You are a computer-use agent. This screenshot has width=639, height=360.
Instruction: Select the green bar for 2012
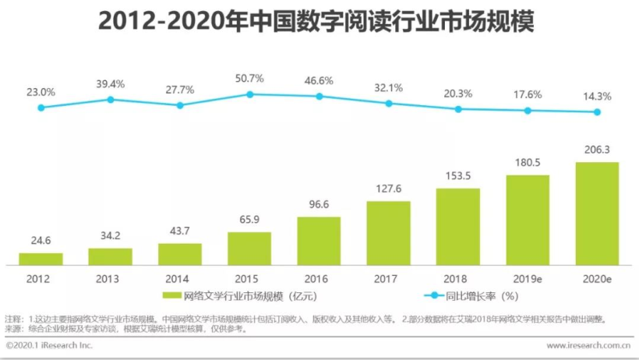tap(41, 259)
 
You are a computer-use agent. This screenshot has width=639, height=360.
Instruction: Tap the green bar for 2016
tap(319, 242)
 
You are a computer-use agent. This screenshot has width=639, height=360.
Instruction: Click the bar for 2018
tap(457, 227)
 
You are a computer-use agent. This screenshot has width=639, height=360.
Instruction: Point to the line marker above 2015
tap(249, 94)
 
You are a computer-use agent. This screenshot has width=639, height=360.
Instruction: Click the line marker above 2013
tap(111, 100)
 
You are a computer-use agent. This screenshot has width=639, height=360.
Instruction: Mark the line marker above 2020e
tap(597, 111)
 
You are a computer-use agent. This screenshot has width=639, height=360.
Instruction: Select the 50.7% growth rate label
tap(249, 78)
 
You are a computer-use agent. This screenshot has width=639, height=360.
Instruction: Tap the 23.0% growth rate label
tap(41, 92)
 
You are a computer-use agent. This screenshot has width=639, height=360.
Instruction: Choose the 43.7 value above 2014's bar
tap(180, 231)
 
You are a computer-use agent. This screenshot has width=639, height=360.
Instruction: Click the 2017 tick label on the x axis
tap(388, 279)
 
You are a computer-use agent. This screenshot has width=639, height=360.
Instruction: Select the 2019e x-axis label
tap(528, 279)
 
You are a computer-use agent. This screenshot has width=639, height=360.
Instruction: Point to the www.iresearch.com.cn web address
tap(588, 345)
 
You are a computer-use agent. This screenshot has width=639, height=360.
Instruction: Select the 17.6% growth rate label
tap(528, 94)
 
